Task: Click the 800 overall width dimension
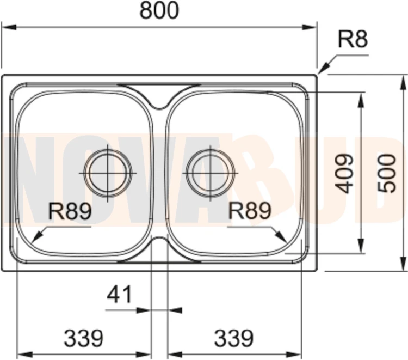click(x=159, y=10)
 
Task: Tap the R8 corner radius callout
click(x=353, y=40)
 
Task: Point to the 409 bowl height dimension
click(x=344, y=174)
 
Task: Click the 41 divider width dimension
click(x=120, y=294)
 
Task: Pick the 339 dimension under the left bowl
click(x=84, y=338)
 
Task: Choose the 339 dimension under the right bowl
click(x=233, y=338)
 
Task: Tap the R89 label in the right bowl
click(x=250, y=210)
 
